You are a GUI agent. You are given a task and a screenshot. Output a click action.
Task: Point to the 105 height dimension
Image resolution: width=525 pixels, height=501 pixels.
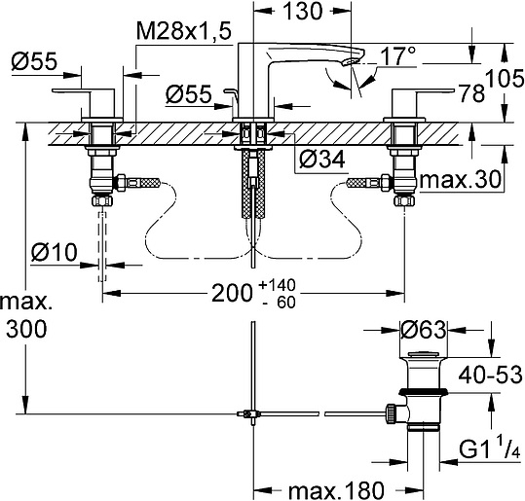505,77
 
